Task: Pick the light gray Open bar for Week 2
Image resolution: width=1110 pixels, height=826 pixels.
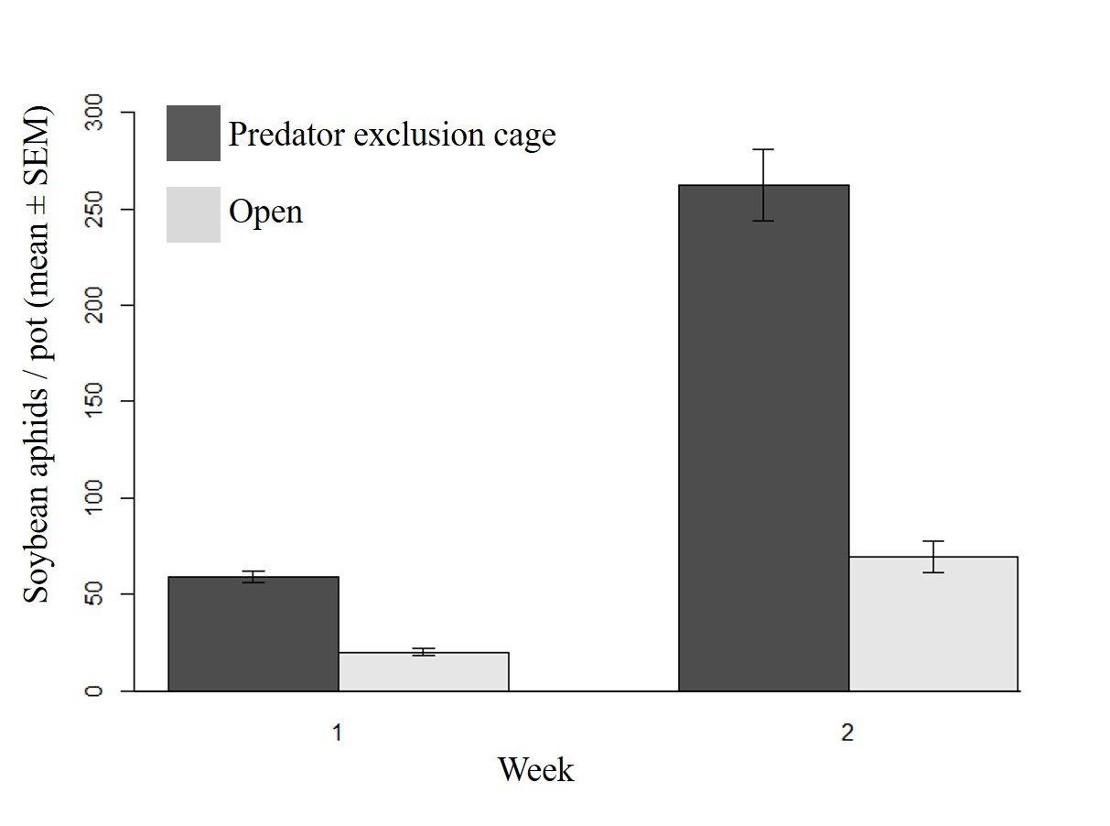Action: click(933, 624)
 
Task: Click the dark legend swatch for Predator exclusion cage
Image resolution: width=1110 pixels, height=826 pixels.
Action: click(193, 134)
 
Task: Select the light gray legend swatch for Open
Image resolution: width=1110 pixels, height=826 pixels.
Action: click(193, 214)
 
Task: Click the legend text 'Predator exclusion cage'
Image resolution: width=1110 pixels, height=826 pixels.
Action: click(392, 135)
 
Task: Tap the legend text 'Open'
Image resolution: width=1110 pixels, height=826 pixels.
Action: click(265, 212)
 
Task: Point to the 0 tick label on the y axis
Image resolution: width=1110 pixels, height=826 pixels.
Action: click(93, 690)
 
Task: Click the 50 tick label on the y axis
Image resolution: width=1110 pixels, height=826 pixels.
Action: click(93, 594)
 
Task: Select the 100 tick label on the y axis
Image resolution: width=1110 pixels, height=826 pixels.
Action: click(93, 498)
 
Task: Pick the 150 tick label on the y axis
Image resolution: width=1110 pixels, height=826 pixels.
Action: click(93, 401)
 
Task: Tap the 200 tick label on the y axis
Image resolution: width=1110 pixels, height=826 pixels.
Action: click(93, 305)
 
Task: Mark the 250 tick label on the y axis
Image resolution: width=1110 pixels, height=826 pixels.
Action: click(93, 209)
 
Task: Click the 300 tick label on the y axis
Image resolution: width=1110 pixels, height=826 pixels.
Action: click(93, 113)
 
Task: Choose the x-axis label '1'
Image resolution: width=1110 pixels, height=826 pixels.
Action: click(338, 734)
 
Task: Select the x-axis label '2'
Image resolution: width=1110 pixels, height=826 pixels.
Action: click(847, 734)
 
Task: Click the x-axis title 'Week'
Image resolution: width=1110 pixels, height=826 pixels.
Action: click(536, 770)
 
